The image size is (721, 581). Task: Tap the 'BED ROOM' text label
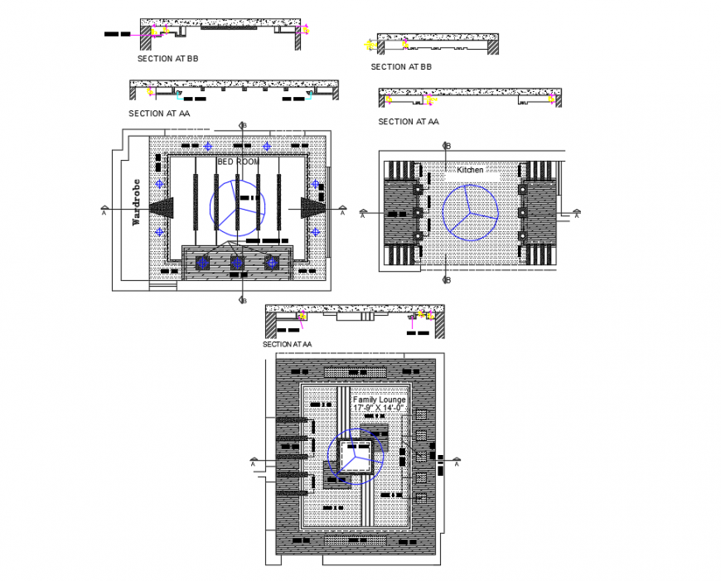coord(238,162)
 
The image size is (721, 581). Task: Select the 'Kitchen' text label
coord(469,170)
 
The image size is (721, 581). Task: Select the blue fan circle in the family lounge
coord(355,456)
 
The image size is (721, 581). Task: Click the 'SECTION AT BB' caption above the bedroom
coord(167,60)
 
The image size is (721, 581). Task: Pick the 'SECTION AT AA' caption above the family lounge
coord(287,344)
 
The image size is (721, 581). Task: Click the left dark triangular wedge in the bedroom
coord(162,207)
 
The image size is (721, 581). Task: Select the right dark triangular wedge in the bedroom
coord(312,207)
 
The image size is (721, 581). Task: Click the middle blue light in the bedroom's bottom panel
coord(236,263)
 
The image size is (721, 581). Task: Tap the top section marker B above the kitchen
coord(448,146)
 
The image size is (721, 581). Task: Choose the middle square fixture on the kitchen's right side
coord(523,213)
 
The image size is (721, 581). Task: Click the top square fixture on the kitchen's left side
coord(419,189)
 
